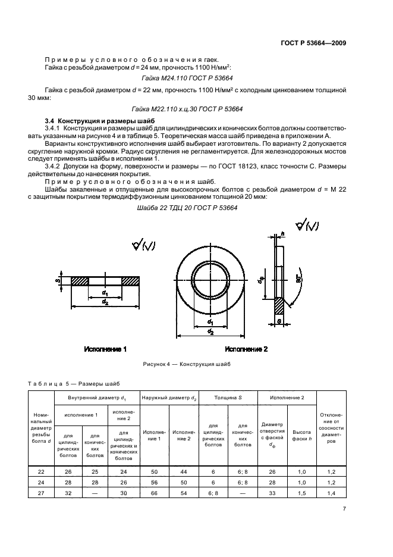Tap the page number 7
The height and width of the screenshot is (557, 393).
344,509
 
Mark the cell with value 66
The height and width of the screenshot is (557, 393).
154,493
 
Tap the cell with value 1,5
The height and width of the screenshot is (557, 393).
302,493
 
